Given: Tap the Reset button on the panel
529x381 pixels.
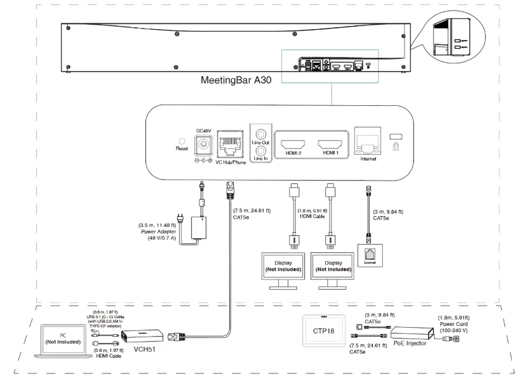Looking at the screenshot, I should click(x=182, y=143).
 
